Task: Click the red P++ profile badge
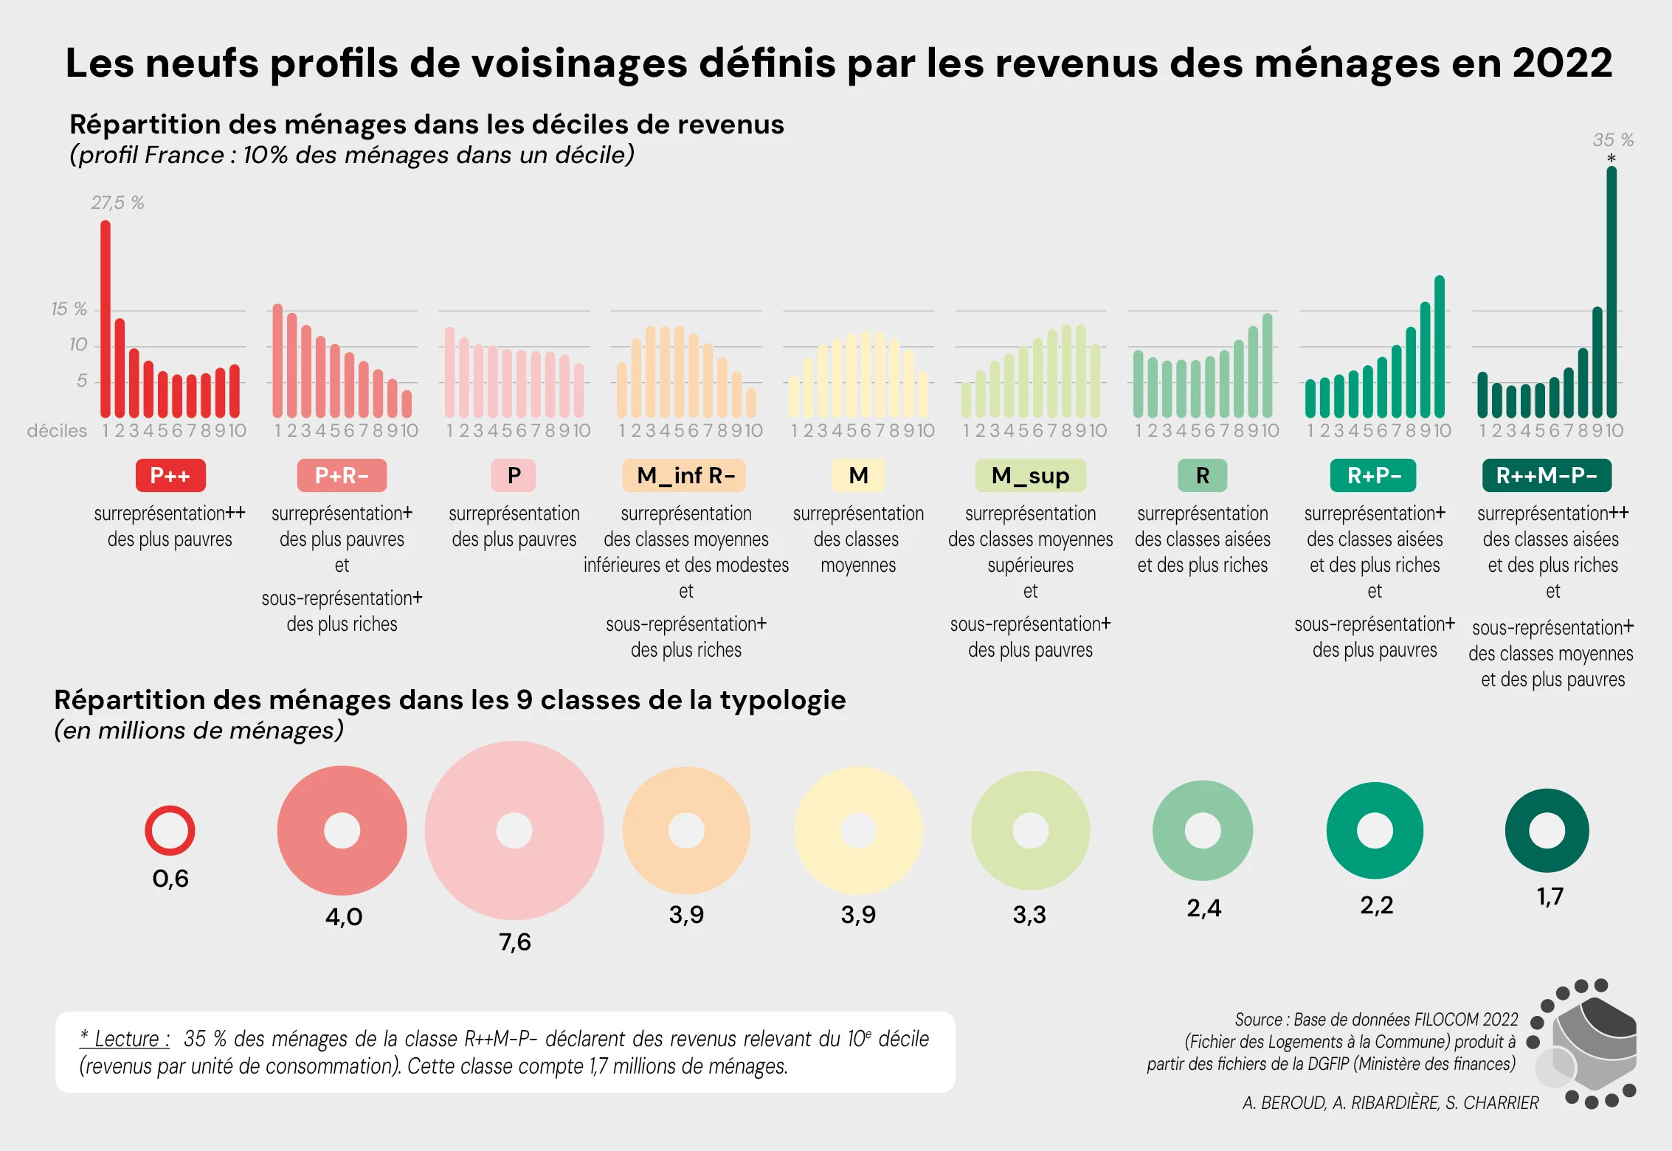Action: pyautogui.click(x=170, y=476)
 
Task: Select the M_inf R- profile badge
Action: pyautogui.click(x=685, y=476)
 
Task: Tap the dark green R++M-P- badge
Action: pyautogui.click(x=1547, y=476)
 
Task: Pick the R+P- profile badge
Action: pyautogui.click(x=1373, y=476)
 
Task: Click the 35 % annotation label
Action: pyautogui.click(x=1613, y=140)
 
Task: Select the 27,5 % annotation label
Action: pyautogui.click(x=117, y=203)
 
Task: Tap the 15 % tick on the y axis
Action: pyautogui.click(x=69, y=309)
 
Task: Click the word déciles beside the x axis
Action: pyautogui.click(x=57, y=431)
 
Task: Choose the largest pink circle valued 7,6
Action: pyautogui.click(x=514, y=831)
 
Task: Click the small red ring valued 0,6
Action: pyautogui.click(x=170, y=831)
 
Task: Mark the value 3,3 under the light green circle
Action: pyautogui.click(x=1029, y=915)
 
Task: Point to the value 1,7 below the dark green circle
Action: pyautogui.click(x=1550, y=896)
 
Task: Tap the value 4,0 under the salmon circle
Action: pyautogui.click(x=344, y=917)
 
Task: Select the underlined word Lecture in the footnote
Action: pyautogui.click(x=126, y=1039)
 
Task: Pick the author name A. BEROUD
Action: pyautogui.click(x=1284, y=1103)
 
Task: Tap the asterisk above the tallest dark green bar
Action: pyautogui.click(x=1611, y=159)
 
